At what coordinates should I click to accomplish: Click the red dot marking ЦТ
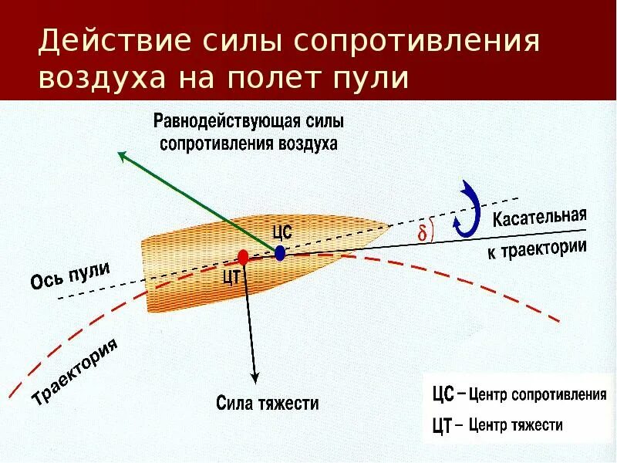(x=244, y=256)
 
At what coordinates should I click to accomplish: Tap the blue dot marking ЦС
(x=280, y=252)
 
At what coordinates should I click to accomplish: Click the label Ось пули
(x=71, y=277)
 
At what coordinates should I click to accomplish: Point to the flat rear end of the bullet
(x=144, y=275)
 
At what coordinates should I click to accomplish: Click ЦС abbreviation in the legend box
(x=441, y=395)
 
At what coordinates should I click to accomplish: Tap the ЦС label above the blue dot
(x=282, y=231)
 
